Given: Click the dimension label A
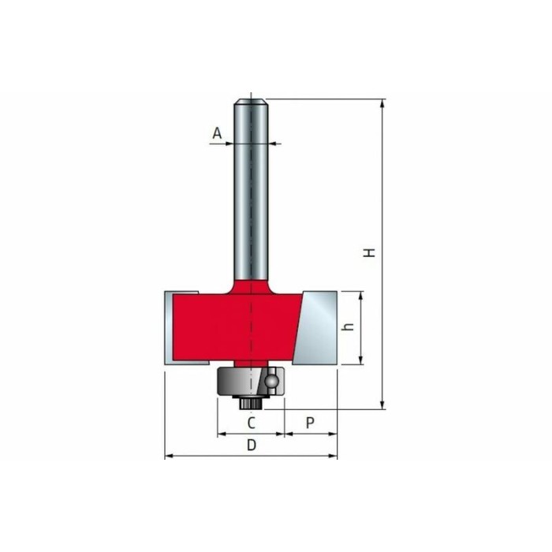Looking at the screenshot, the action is (x=217, y=133).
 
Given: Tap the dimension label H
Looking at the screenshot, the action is (x=369, y=253).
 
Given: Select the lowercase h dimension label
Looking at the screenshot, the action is (x=349, y=326).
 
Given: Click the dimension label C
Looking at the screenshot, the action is (x=251, y=423).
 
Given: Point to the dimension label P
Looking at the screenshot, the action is (x=310, y=423).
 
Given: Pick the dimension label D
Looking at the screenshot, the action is (x=252, y=446).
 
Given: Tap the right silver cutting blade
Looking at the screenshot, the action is (x=315, y=328).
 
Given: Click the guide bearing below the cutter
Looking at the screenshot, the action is (x=251, y=381).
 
